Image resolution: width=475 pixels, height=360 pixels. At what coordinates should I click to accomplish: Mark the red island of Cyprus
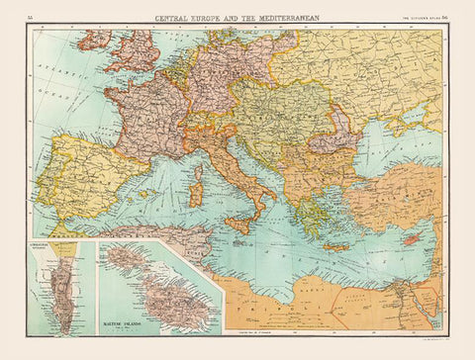tap(408, 239)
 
